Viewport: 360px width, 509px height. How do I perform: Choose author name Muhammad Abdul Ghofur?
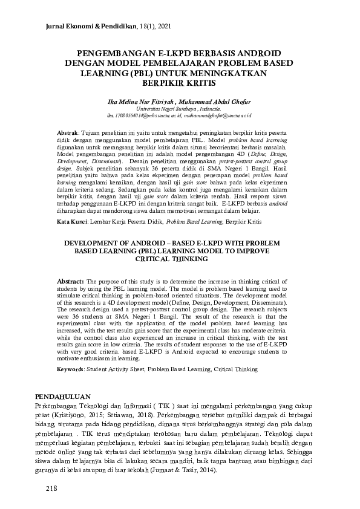[210, 102]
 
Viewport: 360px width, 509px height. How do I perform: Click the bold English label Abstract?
[71, 281]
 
